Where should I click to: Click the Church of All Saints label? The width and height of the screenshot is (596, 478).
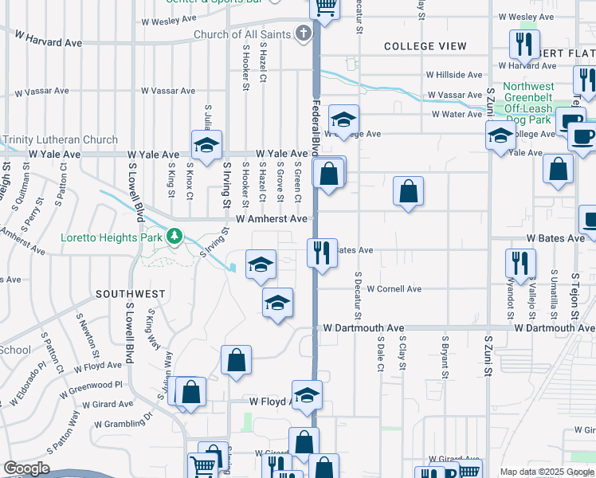242,34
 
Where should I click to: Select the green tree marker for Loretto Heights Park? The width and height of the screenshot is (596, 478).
174,237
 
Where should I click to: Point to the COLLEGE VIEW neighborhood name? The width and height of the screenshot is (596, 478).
425,46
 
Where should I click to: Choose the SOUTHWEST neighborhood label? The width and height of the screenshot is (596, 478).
131,294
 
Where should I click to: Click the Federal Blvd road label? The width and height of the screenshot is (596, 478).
316,127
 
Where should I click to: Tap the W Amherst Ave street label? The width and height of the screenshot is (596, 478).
271,218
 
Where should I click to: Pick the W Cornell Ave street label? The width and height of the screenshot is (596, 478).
394,289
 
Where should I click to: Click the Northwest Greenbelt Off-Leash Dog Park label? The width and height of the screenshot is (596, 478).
528,103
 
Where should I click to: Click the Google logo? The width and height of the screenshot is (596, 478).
26,468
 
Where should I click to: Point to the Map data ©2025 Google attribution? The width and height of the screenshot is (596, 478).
547,472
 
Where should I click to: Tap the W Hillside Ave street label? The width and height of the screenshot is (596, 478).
453,75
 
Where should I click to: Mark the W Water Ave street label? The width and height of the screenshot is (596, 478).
457,114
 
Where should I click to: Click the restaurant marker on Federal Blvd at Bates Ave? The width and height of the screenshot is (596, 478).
323,253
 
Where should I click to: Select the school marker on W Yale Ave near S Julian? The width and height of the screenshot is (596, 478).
206,145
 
